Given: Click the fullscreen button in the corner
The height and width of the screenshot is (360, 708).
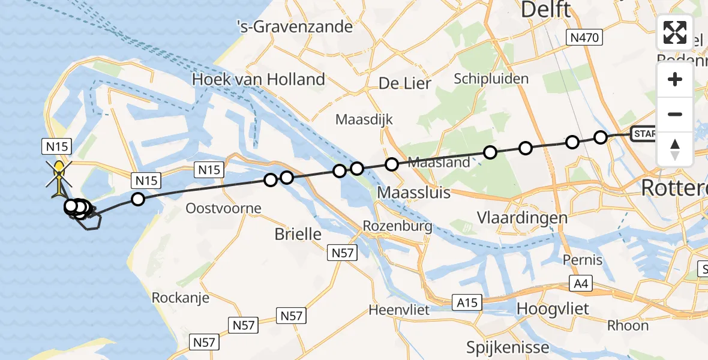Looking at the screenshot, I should pyautogui.click(x=675, y=32).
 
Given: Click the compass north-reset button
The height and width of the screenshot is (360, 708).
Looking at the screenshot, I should pyautogui.click(x=675, y=149).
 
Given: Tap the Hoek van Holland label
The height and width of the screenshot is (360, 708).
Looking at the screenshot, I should pyautogui.click(x=258, y=79).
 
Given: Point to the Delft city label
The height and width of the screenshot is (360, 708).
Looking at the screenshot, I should pyautogui.click(x=545, y=10).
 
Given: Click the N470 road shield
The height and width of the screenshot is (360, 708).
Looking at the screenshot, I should pyautogui.click(x=584, y=38).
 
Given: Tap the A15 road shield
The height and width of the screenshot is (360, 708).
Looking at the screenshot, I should pyautogui.click(x=467, y=303).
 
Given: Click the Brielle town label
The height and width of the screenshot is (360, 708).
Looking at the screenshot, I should pyautogui.click(x=298, y=234).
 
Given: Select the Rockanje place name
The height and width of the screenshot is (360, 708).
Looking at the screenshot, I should pyautogui.click(x=180, y=298).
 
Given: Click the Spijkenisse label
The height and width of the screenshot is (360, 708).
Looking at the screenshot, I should pyautogui.click(x=508, y=347).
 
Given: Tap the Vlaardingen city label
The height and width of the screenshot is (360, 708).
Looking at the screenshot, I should pyautogui.click(x=522, y=217).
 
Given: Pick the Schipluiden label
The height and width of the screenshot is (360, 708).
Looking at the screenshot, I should pyautogui.click(x=491, y=79).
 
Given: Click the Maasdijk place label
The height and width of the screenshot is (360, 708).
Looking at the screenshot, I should pyautogui.click(x=364, y=119).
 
